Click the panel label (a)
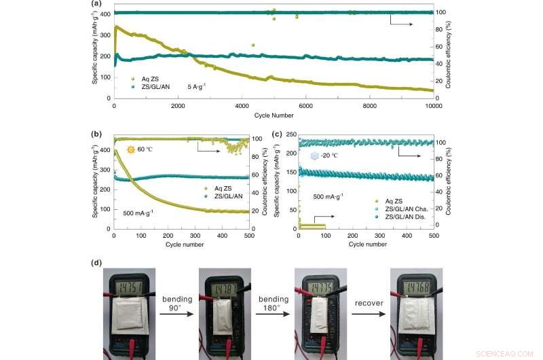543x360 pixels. click(96, 4)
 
